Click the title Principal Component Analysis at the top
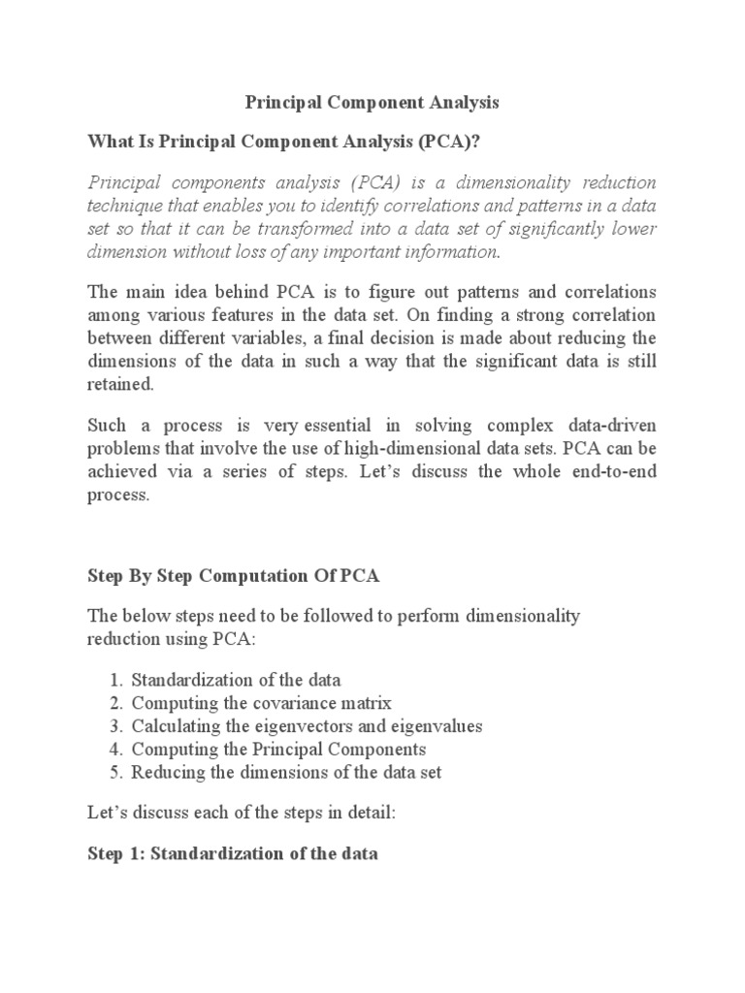click(372, 102)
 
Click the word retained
click(119, 383)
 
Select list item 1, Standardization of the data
click(236, 679)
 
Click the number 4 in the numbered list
click(113, 750)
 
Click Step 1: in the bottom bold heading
click(113, 855)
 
